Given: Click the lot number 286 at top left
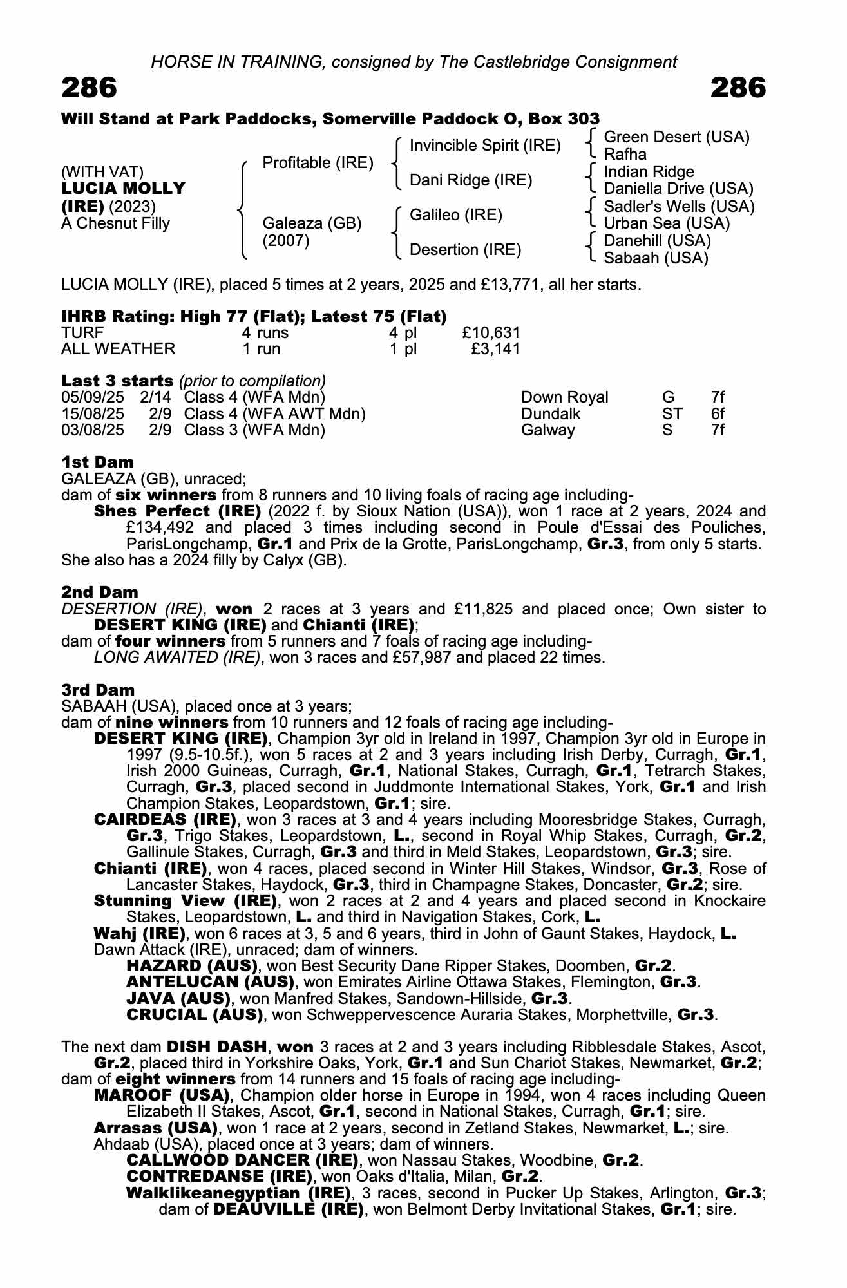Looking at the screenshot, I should click(90, 88).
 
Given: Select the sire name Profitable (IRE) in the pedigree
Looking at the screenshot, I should click(318, 163).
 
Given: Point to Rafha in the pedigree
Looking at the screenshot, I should click(625, 155).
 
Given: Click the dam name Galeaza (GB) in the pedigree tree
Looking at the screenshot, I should click(312, 223).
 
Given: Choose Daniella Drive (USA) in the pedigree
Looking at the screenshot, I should click(678, 189).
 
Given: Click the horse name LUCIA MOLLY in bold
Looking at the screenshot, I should click(123, 189).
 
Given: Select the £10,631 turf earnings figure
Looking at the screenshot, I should click(490, 332).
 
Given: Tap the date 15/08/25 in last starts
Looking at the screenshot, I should click(93, 413).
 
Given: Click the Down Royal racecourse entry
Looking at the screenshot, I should click(564, 397).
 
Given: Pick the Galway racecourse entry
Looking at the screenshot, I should click(547, 430).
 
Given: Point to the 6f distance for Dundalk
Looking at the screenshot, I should click(718, 413).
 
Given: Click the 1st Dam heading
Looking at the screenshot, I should click(98, 462).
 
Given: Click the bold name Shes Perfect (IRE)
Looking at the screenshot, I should click(177, 511).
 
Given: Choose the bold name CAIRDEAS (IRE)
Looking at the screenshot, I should click(165, 820).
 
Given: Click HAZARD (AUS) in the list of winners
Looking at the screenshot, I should click(192, 966).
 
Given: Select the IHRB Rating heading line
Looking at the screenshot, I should click(254, 316).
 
